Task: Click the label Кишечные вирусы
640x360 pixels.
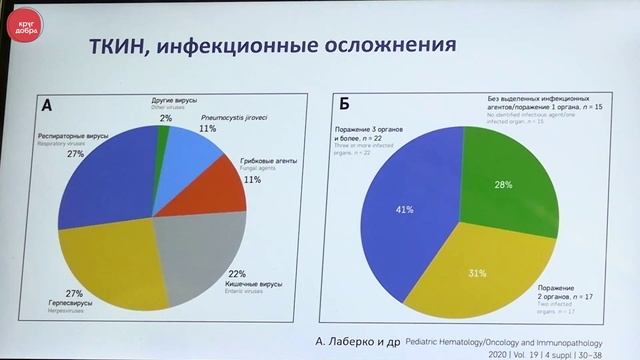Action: coord(253,285)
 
